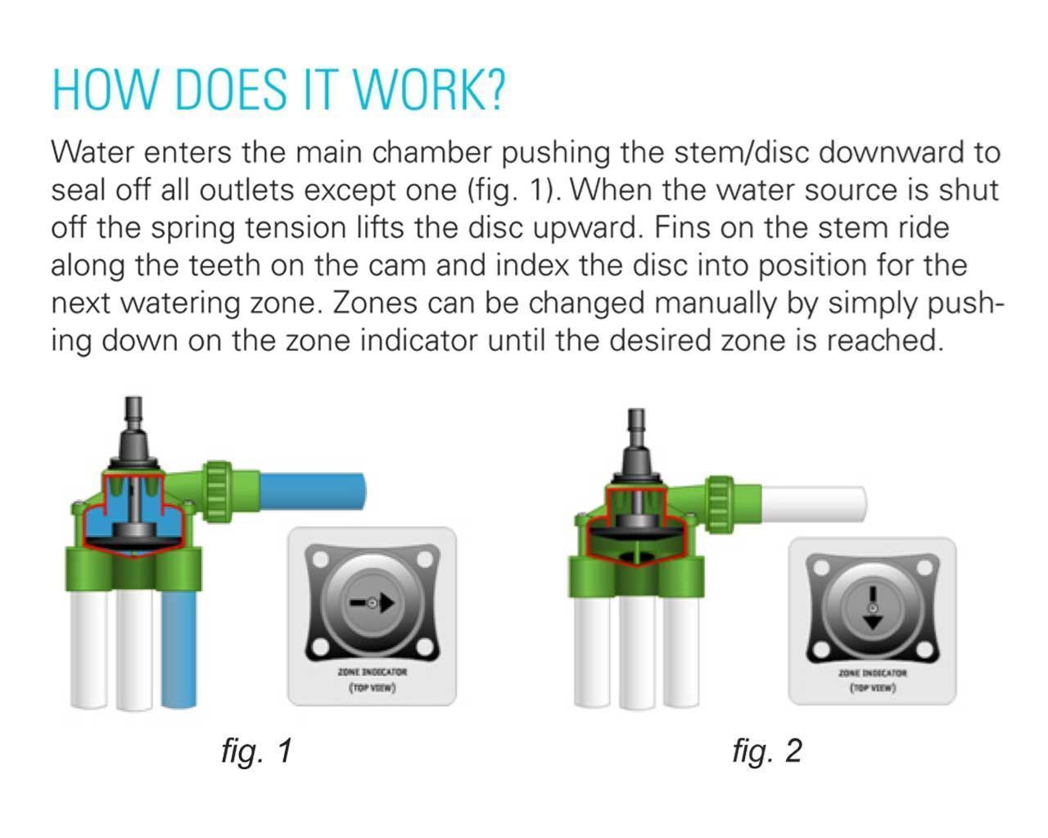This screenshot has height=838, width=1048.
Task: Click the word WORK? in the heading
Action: pos(429,90)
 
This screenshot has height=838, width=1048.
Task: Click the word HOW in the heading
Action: pos(105,90)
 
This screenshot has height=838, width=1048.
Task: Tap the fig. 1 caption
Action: pos(256,750)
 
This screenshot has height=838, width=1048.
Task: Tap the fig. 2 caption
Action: pos(766,750)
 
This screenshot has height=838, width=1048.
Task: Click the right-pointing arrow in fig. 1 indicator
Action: pos(372,603)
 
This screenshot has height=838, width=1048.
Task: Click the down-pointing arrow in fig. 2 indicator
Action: pos(873,608)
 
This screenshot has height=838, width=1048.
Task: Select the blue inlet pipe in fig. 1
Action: pos(312,491)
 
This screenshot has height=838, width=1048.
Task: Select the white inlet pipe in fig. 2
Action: pos(813,504)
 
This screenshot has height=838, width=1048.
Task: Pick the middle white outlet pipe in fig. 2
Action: pos(636,652)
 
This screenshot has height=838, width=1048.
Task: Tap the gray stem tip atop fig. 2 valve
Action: pos(637,425)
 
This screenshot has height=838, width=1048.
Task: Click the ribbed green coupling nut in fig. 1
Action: pos(217,491)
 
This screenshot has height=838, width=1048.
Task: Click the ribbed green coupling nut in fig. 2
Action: pos(720,504)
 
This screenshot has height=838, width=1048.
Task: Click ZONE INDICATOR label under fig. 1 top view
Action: pos(372,672)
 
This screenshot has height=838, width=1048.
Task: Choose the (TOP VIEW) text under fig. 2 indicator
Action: pos(873,688)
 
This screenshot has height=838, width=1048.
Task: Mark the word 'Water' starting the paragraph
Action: pos(93,152)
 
